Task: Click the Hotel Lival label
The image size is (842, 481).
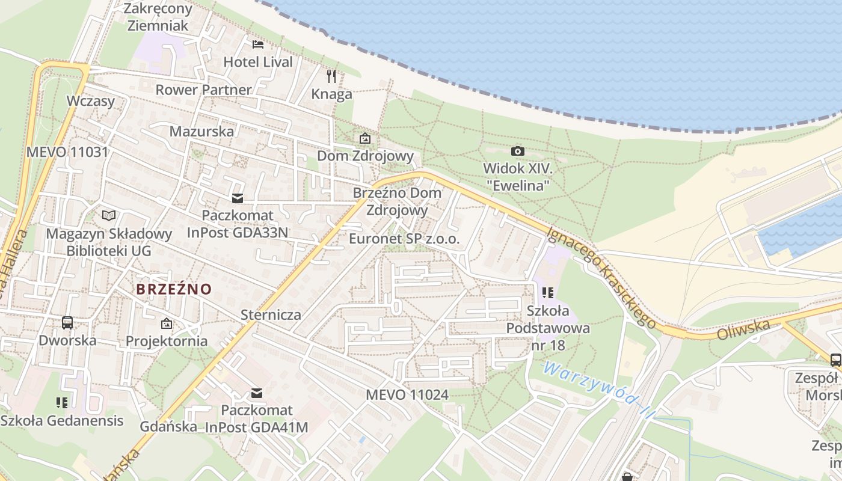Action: point(258,62)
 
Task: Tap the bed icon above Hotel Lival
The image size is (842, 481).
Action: point(258,44)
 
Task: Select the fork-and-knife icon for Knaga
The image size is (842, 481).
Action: point(331,76)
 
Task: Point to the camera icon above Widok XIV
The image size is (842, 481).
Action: point(517,151)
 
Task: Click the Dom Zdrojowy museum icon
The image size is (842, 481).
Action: point(365,138)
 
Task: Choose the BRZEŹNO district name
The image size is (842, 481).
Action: point(174,289)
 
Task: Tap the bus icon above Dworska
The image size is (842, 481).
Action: point(67,323)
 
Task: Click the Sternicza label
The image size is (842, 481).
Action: point(271,314)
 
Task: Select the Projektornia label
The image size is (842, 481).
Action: point(167,341)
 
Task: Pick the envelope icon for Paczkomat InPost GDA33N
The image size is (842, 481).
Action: point(238,198)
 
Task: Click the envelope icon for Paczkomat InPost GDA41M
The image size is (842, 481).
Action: point(257,393)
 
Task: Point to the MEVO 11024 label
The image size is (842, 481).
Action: point(407,395)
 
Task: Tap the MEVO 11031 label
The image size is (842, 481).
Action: point(67,152)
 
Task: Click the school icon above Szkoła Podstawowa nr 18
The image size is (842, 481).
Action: point(547,293)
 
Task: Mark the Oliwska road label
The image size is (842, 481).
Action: point(743,329)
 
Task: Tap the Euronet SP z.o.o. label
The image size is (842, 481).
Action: point(404,239)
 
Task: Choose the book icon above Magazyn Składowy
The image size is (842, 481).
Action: point(108,215)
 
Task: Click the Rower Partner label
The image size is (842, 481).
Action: point(203,90)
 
